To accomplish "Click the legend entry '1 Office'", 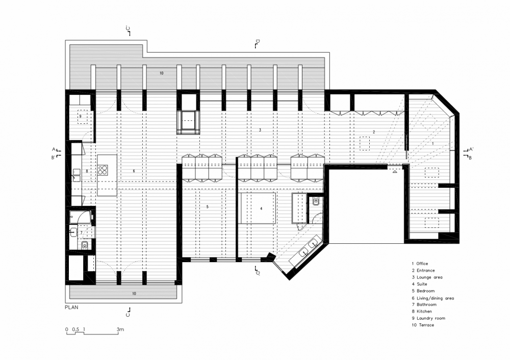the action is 420,264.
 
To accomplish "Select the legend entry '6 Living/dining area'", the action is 433,298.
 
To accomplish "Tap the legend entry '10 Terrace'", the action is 423,325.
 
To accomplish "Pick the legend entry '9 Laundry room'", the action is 428,318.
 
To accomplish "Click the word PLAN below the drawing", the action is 71,307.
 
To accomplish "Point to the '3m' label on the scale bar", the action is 120,329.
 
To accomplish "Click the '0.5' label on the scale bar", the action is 75,329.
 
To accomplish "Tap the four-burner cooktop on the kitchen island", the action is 103,170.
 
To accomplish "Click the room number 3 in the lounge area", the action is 260,130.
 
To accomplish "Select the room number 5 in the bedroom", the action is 208,207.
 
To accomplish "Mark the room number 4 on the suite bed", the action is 261,209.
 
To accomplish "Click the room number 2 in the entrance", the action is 374,132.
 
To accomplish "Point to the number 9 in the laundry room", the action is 81,116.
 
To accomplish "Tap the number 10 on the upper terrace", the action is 161,73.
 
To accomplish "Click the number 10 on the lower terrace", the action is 134,294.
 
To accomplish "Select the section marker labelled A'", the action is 469,149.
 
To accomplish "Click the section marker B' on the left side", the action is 56,157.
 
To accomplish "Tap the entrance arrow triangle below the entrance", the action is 395,171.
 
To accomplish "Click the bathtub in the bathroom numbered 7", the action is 80,217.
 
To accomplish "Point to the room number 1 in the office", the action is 432,143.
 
